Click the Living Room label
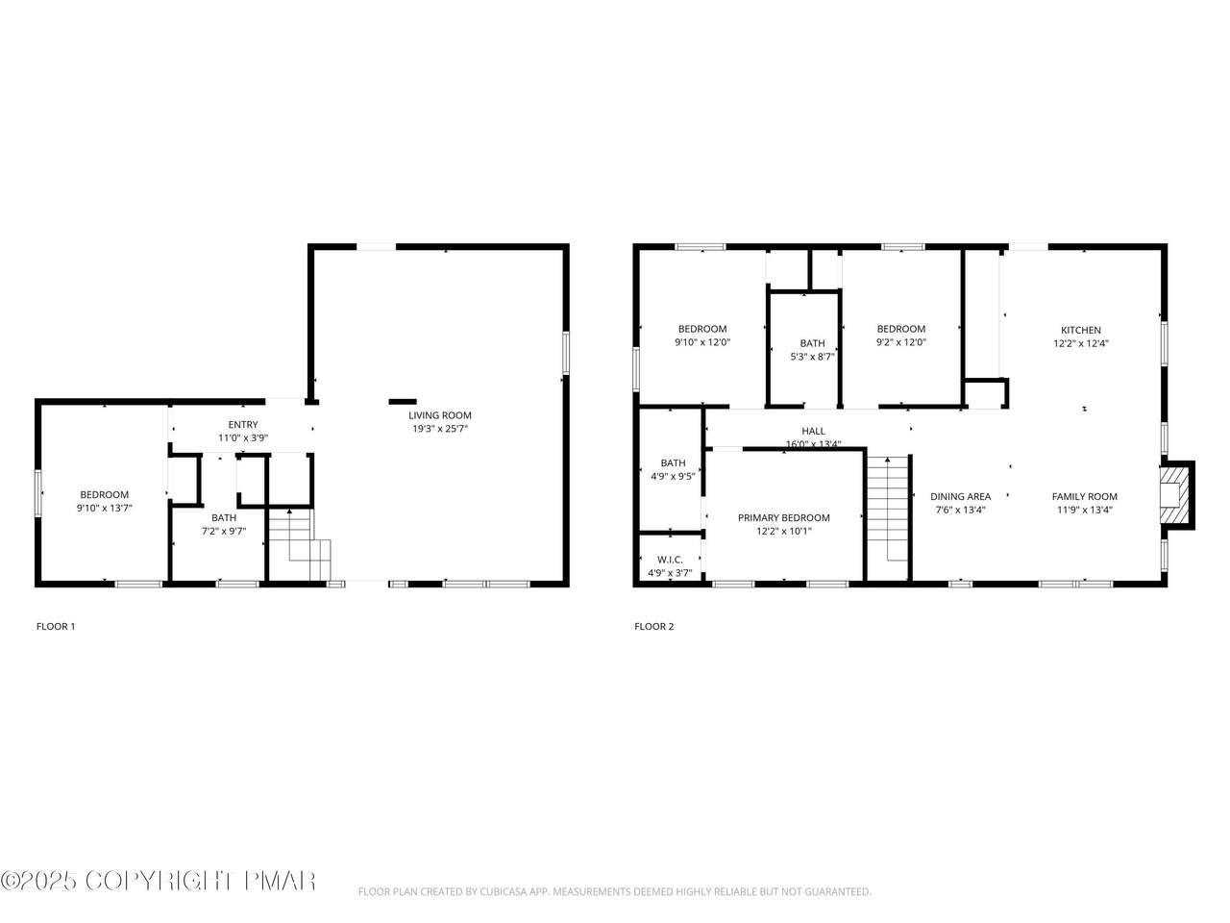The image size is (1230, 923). tap(439, 415)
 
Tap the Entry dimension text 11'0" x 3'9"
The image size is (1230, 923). tap(243, 437)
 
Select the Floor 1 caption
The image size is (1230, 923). tap(56, 627)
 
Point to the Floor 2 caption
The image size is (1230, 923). tap(654, 627)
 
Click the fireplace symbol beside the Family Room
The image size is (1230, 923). tap(1174, 495)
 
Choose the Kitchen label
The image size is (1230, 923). tap(1081, 330)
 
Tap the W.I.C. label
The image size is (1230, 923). tap(670, 560)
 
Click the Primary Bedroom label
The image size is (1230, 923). tap(783, 517)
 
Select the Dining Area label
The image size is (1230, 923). tap(961, 496)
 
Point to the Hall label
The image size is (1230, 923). tap(813, 431)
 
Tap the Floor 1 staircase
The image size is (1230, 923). tap(299, 544)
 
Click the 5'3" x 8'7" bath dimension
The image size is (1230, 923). tap(813, 357)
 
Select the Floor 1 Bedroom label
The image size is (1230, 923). tap(104, 494)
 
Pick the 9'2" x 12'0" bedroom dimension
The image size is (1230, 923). tap(901, 342)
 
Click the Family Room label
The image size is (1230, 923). tap(1084, 496)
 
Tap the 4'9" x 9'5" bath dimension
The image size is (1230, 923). tap(673, 476)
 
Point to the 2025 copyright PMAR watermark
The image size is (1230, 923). tap(158, 881)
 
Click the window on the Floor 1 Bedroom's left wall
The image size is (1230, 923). tap(38, 492)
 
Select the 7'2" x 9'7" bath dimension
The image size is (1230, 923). tap(224, 531)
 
